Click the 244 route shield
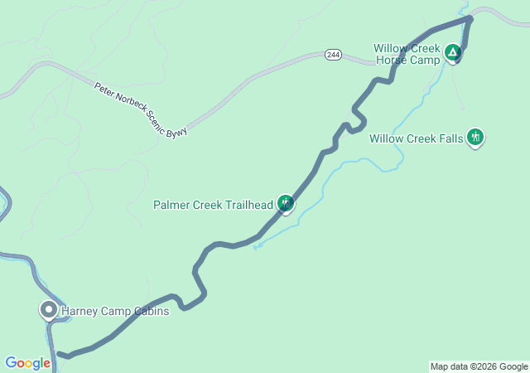click(x=333, y=55)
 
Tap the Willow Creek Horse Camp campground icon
click(x=452, y=53)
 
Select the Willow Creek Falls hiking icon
click(x=475, y=137)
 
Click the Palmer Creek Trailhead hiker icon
click(x=285, y=202)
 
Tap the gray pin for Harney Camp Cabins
click(x=48, y=310)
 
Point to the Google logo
click(x=27, y=363)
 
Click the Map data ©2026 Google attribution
click(x=478, y=366)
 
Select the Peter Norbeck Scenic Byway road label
click(x=140, y=109)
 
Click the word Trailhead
click(x=247, y=205)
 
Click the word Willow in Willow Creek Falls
click(x=386, y=138)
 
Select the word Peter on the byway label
click(x=103, y=87)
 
